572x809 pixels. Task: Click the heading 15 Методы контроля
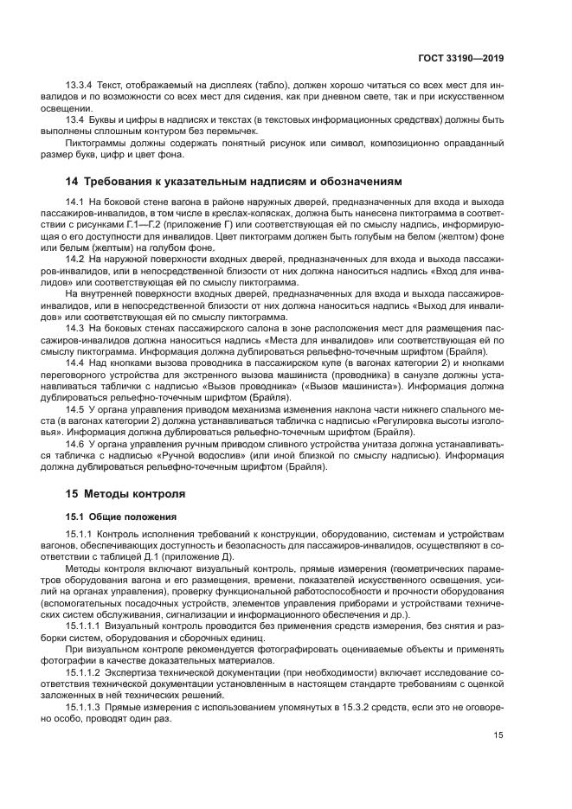[125, 494]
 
